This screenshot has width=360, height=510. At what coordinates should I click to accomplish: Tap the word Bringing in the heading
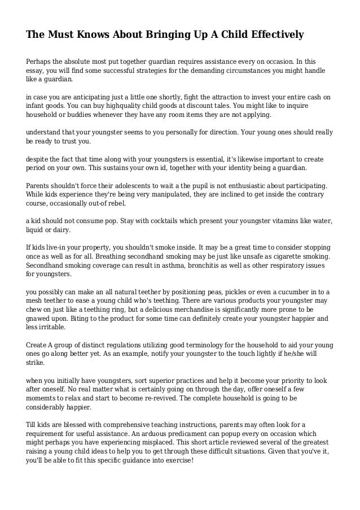(x=156, y=36)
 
